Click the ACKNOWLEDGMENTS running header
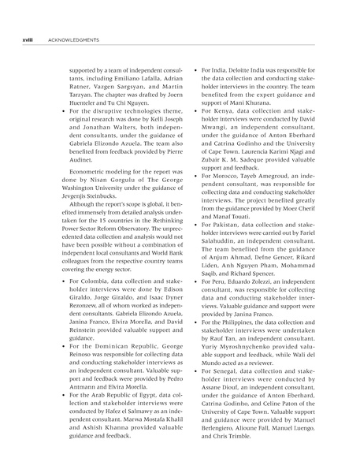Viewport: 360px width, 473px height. click(x=72, y=39)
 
